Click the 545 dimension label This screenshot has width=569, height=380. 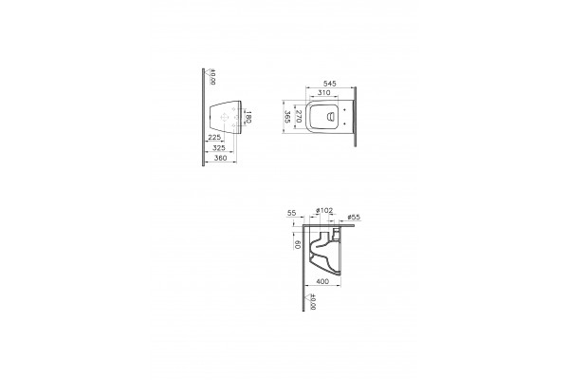(329, 84)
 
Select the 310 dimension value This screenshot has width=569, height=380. (323, 93)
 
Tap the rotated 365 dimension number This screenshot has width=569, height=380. (287, 117)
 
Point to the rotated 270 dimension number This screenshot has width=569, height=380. (299, 116)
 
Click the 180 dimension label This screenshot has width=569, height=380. (248, 117)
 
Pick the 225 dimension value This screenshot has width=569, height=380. (214, 137)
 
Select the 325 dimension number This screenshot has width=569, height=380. (218, 147)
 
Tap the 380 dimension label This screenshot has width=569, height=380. (220, 158)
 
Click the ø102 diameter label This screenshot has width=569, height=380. (324, 210)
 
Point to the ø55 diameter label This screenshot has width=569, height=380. (354, 218)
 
